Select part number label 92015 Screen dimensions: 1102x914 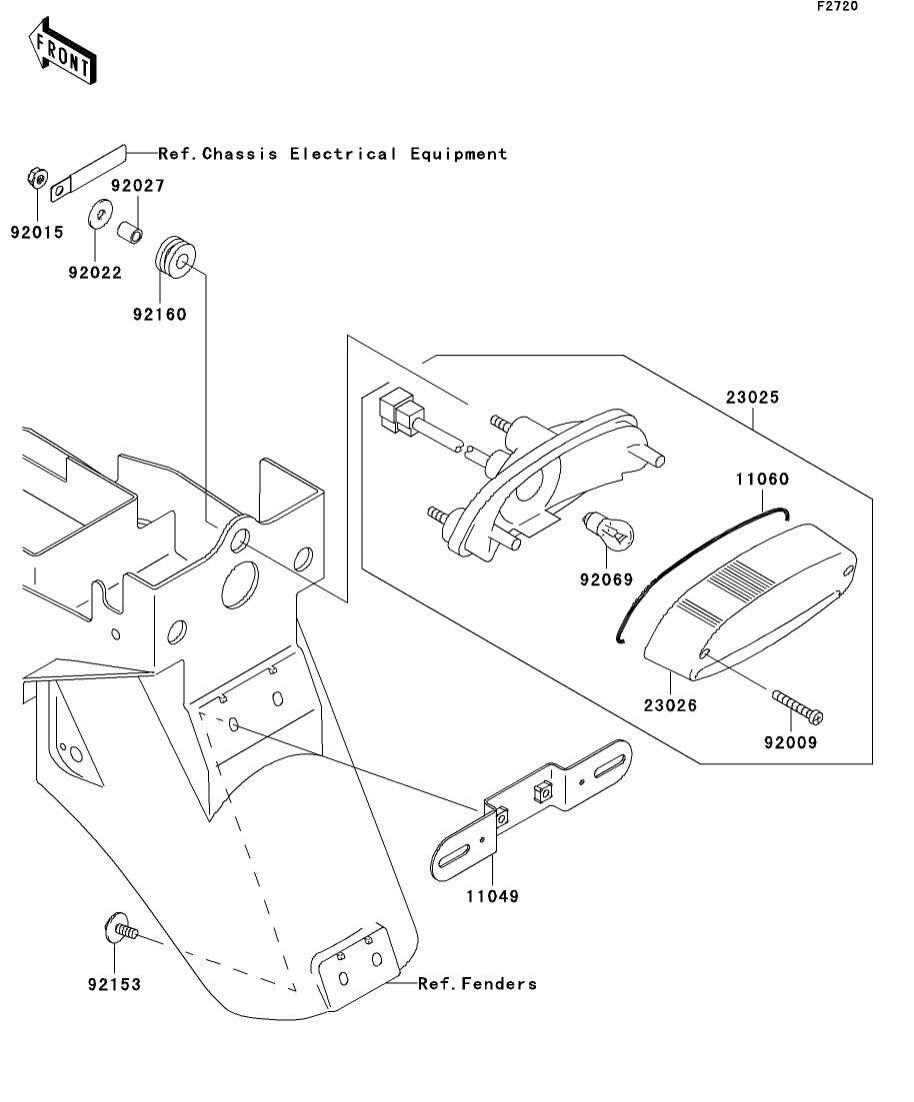point(37,233)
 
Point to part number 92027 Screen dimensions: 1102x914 point(137,186)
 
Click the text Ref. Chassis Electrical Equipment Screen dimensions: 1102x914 point(333,154)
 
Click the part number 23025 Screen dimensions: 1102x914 point(753,397)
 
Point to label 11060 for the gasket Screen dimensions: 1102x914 point(763,480)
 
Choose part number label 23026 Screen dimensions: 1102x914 point(671,705)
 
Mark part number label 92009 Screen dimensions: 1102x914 point(791,742)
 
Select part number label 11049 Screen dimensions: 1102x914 point(492,896)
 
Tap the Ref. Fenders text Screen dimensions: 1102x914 point(477,984)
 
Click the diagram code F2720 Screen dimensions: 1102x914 point(837,6)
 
